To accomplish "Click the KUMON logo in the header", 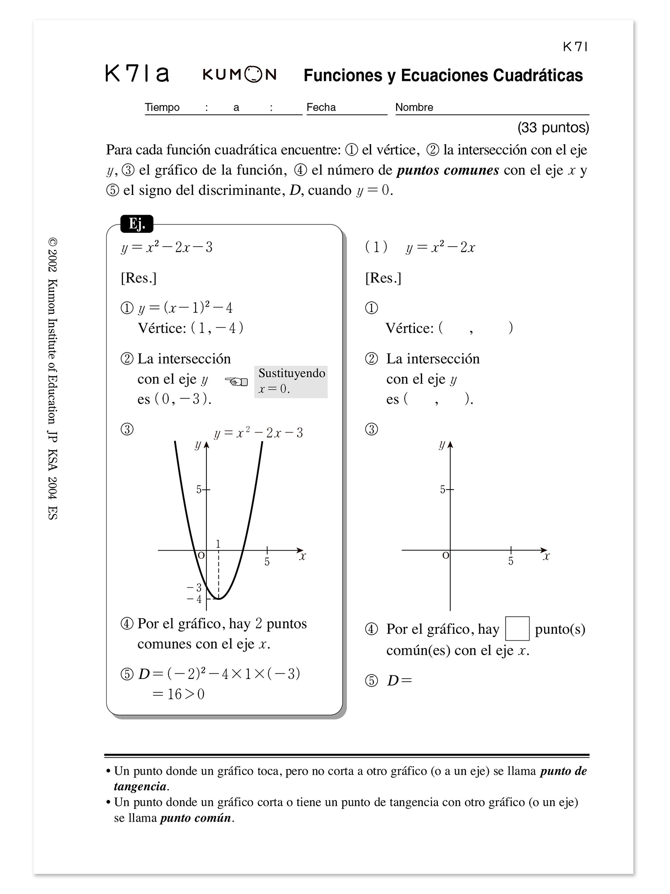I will [x=240, y=75].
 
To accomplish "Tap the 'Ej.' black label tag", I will [x=137, y=224].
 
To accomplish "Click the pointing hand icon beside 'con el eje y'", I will [x=236, y=381].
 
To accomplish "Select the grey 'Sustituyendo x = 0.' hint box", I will [x=291, y=381].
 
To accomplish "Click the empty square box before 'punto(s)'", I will [x=517, y=628].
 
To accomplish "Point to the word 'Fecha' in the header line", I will [x=321, y=107].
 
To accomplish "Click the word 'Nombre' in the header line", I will [x=414, y=107].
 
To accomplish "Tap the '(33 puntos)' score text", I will [x=553, y=128].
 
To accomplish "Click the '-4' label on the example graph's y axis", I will [x=194, y=599].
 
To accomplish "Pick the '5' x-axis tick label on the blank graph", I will [x=511, y=561].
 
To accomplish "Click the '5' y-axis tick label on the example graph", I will [x=199, y=489].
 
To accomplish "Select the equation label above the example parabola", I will [x=259, y=433].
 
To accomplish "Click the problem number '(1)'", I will [x=376, y=247].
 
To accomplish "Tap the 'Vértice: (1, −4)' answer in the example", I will [x=191, y=328].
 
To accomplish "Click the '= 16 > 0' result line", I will [x=179, y=694].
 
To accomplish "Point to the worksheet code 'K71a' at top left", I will [x=137, y=74].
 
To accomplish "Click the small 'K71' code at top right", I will [x=575, y=47].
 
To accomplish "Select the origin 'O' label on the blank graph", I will [x=445, y=556].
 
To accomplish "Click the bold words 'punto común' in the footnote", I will [x=196, y=818].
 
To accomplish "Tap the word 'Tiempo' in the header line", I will [x=162, y=107].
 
